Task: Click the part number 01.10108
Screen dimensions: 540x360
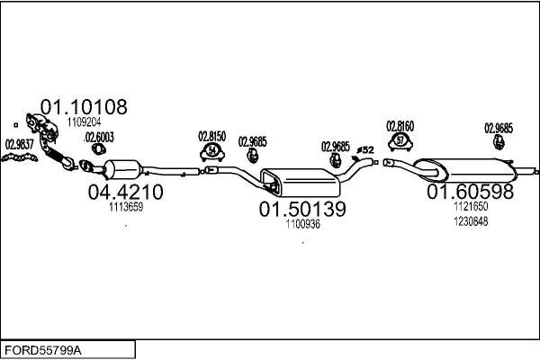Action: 84,107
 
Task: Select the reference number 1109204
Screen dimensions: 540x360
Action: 84,122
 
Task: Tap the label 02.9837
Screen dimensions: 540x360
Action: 20,144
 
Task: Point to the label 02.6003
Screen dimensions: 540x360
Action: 99,138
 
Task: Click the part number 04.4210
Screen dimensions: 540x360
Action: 125,192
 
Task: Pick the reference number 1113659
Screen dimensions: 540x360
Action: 126,207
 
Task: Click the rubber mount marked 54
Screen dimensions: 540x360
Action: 212,152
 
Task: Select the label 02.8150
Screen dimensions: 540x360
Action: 212,137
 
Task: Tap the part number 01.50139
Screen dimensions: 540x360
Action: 302,209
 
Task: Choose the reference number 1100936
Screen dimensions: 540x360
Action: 302,224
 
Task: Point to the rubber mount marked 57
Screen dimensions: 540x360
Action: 400,141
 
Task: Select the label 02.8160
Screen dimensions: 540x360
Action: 400,126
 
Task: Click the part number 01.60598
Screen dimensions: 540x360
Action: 470,192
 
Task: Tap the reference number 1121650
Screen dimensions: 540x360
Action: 471,206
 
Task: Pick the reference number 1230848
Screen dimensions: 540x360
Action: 471,221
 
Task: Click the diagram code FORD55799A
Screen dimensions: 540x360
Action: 43,350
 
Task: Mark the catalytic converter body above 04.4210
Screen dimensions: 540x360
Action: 123,169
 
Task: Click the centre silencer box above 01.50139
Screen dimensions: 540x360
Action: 301,183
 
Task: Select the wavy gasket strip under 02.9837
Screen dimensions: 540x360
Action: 20,157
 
